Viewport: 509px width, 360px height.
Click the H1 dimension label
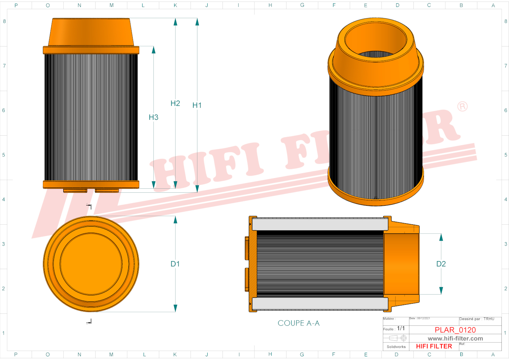pos(197,105)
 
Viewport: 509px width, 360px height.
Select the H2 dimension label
pos(175,103)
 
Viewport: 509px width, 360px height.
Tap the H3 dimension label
pos(153,117)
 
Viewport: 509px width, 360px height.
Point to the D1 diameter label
pos(175,264)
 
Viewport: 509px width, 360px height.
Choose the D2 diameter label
pos(441,264)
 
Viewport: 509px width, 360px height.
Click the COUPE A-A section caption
pos(298,323)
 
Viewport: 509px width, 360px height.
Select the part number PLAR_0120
pos(455,330)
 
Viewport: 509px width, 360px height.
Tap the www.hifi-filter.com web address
pos(455,339)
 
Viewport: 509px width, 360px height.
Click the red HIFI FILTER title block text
pos(434,346)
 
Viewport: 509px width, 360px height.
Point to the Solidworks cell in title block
pos(396,347)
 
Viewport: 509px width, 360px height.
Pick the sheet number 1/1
pos(401,328)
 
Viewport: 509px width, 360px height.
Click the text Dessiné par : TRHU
pos(477,319)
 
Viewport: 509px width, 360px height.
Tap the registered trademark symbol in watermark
pos(462,107)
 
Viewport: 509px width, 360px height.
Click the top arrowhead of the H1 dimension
pos(197,22)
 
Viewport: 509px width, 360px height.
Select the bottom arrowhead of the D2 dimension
pos(441,290)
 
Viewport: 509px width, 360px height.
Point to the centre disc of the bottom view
pos(91,264)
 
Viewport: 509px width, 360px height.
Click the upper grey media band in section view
pos(320,224)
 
